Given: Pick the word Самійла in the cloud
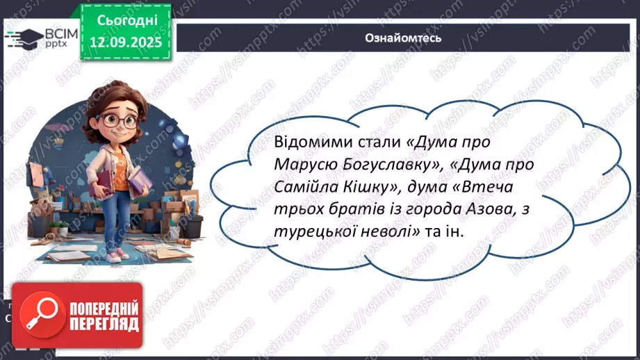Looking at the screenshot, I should point(286,188).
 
